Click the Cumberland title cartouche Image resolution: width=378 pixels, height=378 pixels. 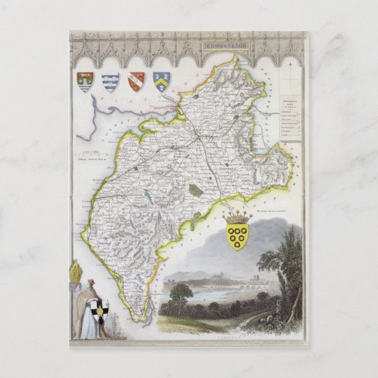point(225,43)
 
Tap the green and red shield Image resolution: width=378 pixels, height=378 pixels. point(85,82)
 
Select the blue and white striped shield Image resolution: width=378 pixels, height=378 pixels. point(110,82)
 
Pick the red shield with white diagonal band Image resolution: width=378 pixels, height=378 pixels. point(136,81)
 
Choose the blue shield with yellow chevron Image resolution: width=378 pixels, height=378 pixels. point(162,81)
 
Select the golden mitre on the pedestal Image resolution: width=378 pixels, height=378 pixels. point(75,271)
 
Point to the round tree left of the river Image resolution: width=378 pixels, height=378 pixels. point(181,291)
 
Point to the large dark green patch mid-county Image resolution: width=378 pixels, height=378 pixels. point(195,190)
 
